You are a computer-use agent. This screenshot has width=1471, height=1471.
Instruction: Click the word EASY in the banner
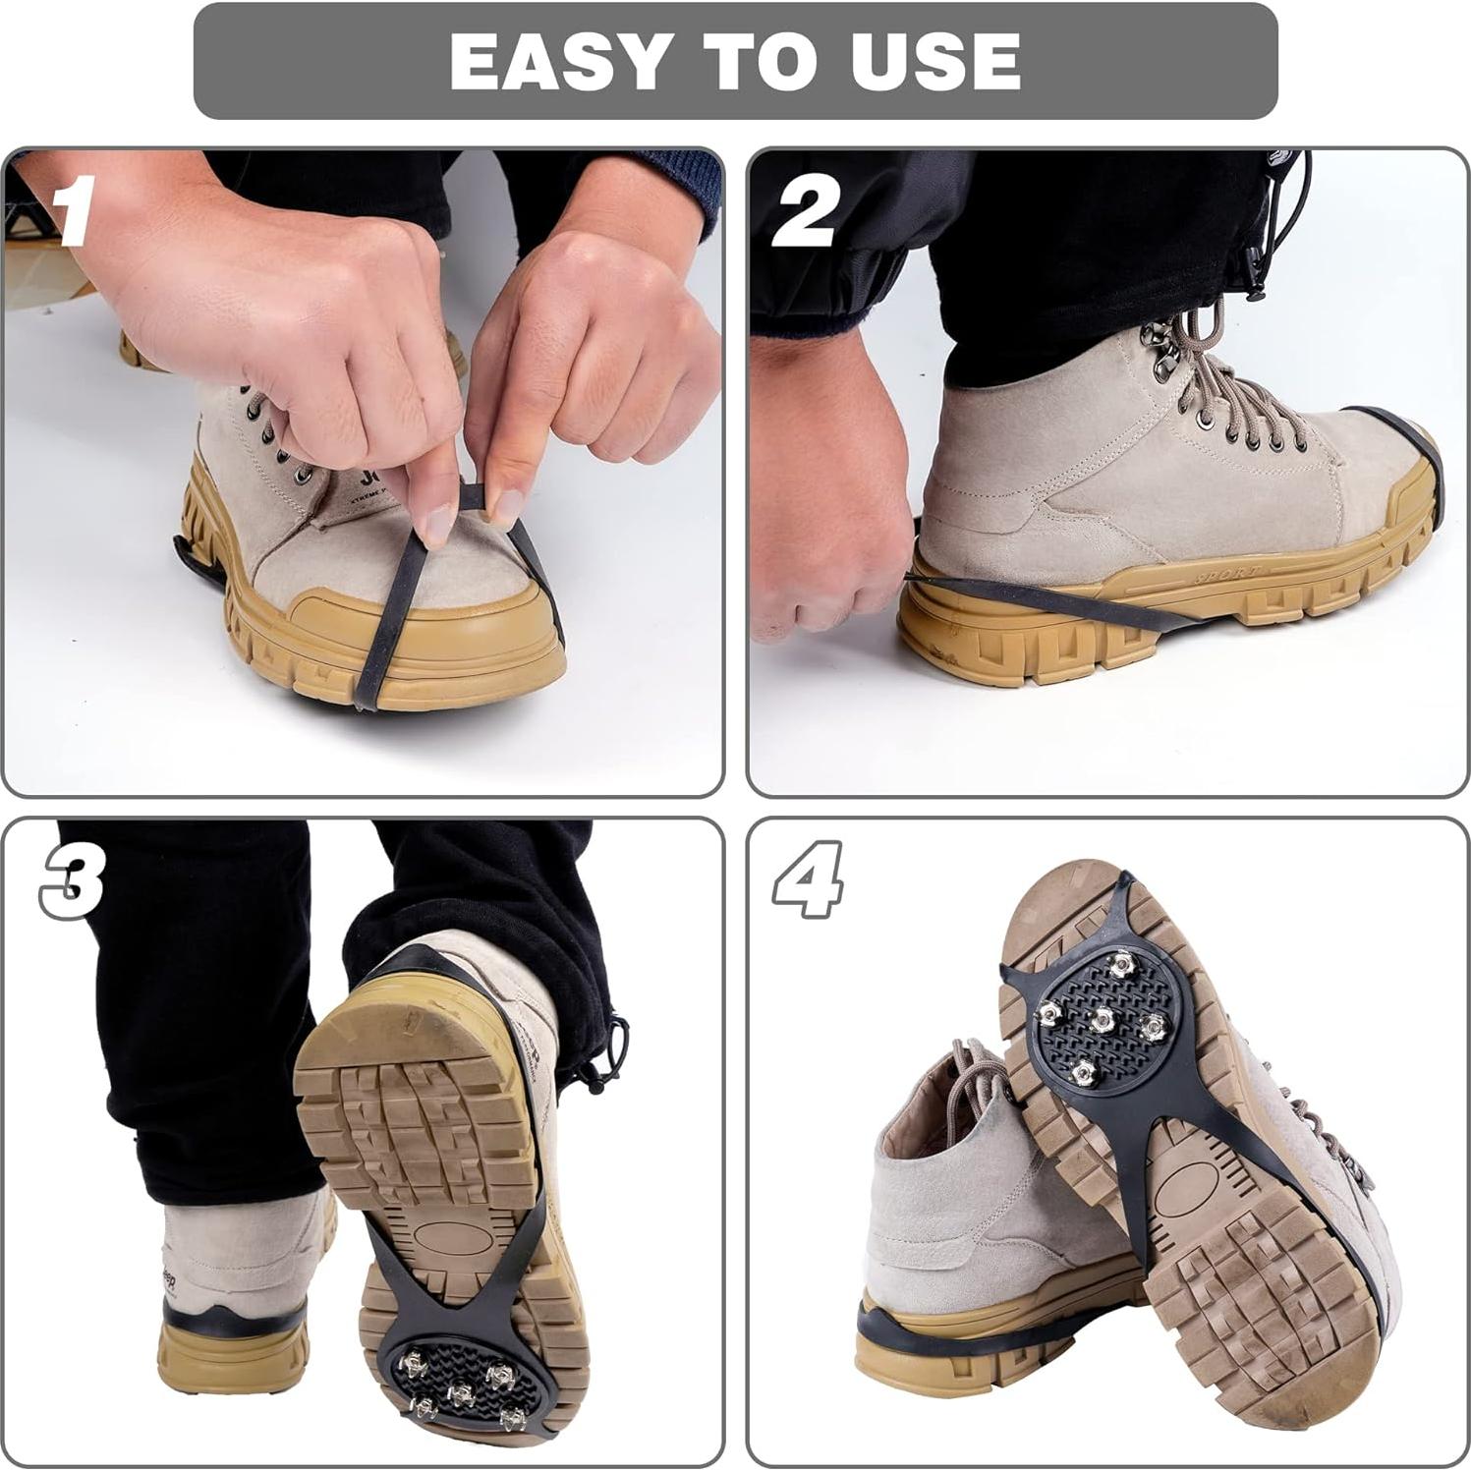click(555, 62)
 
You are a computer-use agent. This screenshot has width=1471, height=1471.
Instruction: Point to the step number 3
click(74, 883)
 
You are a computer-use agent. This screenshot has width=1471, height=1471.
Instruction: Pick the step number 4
click(808, 879)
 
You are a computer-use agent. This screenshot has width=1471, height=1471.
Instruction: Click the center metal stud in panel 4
click(1102, 1020)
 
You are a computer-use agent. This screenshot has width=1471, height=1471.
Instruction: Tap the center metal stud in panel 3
click(460, 1392)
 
